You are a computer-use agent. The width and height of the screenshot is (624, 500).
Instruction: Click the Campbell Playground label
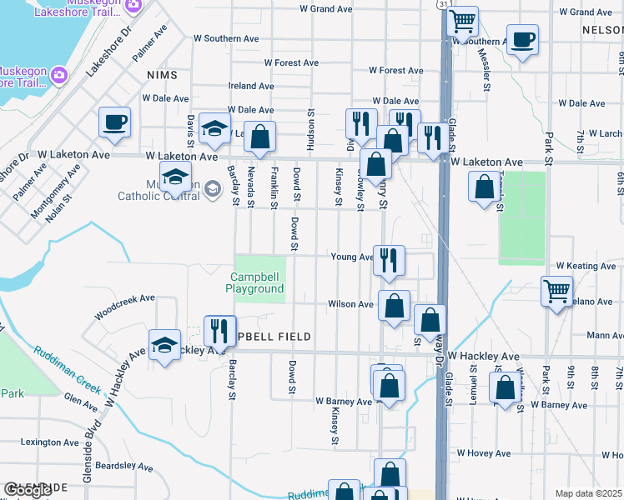click(254, 282)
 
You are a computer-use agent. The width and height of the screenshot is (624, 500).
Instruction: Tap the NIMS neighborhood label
click(162, 75)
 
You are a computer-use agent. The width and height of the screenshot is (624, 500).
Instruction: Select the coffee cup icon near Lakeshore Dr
click(114, 122)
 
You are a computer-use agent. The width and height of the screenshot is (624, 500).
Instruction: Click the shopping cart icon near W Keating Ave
click(556, 292)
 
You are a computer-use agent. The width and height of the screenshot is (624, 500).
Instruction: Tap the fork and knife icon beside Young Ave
click(389, 261)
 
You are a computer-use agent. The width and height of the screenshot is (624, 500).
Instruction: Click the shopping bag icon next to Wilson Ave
click(394, 306)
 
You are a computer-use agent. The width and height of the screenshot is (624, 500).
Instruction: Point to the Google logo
click(28, 491)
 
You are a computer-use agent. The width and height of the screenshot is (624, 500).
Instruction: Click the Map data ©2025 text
click(588, 493)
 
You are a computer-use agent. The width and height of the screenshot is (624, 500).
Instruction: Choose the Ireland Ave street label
click(251, 86)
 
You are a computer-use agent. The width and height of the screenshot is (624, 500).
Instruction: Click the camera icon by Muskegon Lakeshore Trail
click(58, 75)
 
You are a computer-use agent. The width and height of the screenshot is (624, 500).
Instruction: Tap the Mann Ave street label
click(605, 336)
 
